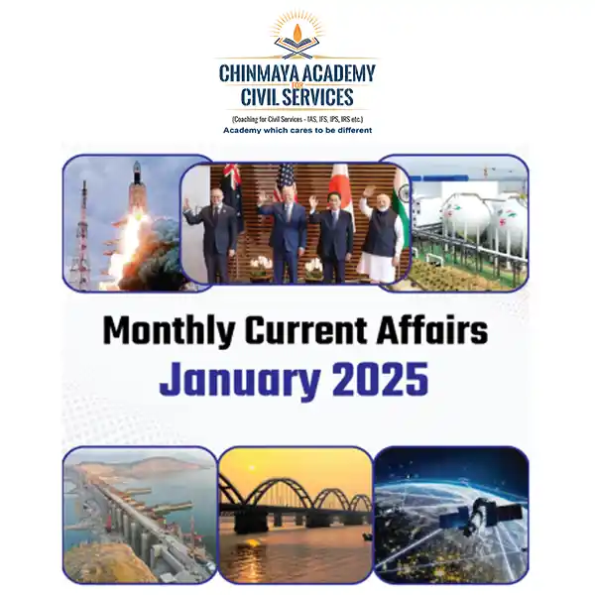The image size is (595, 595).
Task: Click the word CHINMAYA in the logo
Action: [260, 73]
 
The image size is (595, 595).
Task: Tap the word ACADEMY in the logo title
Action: [339, 73]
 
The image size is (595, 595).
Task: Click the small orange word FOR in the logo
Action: [297, 85]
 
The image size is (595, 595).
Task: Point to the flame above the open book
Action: [297, 32]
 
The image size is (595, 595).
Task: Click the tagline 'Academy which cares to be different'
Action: [297, 131]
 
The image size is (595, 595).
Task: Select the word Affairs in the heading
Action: [432, 330]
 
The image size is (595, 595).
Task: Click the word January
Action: [240, 380]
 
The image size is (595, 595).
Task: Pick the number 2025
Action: [380, 379]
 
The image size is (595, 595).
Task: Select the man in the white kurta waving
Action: [380, 235]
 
